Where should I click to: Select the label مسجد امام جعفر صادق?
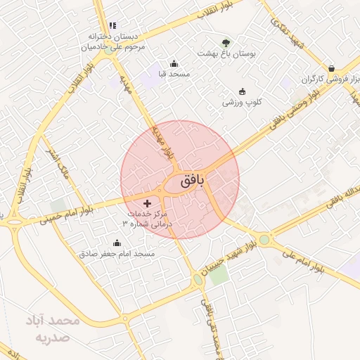[117, 252]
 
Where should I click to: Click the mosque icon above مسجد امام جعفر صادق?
[117, 243]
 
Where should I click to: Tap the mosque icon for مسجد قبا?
[174, 64]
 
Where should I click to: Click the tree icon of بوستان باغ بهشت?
[226, 44]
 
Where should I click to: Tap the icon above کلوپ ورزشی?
[243, 91]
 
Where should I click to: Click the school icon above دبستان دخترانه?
[112, 25]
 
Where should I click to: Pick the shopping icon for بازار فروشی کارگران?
[330, 68]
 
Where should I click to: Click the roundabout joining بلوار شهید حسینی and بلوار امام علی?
[264, 240]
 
